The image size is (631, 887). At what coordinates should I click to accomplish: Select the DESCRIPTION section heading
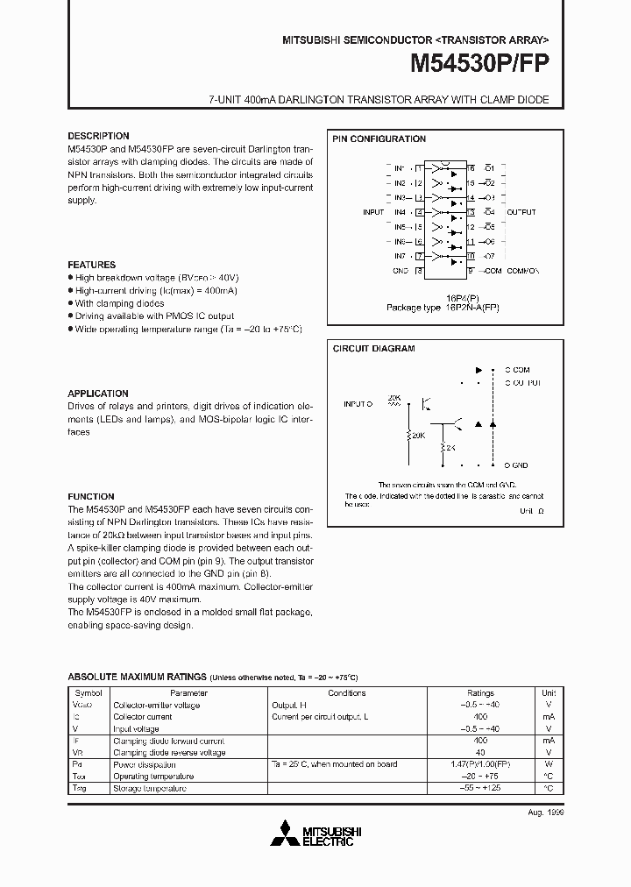98,137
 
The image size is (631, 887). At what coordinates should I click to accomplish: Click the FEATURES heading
91,265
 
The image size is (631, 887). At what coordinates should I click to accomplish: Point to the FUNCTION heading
91,497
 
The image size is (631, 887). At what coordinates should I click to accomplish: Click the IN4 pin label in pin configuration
400,212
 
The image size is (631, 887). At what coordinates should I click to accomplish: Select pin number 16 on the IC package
471,167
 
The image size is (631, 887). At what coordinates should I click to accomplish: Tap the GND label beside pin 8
401,272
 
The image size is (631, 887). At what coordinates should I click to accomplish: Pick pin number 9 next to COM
471,272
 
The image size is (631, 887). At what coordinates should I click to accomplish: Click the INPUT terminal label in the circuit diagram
354,404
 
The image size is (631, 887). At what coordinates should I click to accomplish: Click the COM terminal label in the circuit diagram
521,370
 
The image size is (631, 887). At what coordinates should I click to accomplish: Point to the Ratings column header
480,692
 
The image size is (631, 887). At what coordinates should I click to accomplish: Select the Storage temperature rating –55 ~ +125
480,789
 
